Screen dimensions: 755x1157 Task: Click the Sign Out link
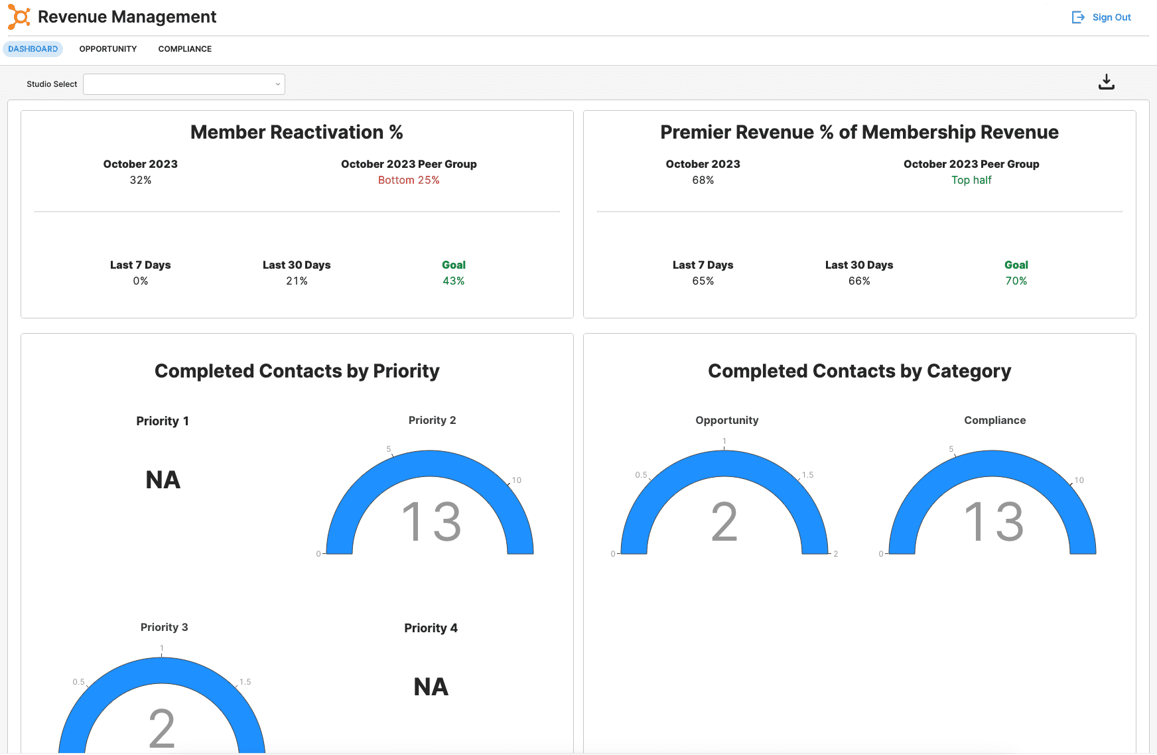[x=1102, y=17]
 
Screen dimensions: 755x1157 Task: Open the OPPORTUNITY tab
[x=108, y=49]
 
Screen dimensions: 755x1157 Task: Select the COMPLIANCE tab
[x=185, y=49]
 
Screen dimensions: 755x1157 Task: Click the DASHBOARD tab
[x=33, y=49]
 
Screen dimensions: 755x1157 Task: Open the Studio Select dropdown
[x=184, y=84]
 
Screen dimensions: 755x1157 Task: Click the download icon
[x=1106, y=82]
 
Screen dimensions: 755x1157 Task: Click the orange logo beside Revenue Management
[x=19, y=17]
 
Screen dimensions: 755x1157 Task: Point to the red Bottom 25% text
[x=409, y=180]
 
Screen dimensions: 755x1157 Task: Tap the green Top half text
[x=971, y=180]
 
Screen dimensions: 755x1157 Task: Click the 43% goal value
[x=454, y=281]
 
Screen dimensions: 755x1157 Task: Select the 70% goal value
[x=1016, y=281]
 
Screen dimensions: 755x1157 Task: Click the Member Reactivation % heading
[x=297, y=133]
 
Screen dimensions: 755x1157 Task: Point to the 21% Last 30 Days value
[x=297, y=281]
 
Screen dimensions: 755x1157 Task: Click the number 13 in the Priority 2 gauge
[x=431, y=521]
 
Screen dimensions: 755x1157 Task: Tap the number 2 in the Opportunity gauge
[x=724, y=522]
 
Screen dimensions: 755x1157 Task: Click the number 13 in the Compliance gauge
[x=994, y=521]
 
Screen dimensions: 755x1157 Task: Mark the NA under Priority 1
[x=163, y=480]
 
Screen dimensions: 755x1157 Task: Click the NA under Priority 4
[x=431, y=687]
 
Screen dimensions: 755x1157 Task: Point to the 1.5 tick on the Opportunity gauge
[x=807, y=475]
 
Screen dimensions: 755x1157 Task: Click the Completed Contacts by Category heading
[x=859, y=372]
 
